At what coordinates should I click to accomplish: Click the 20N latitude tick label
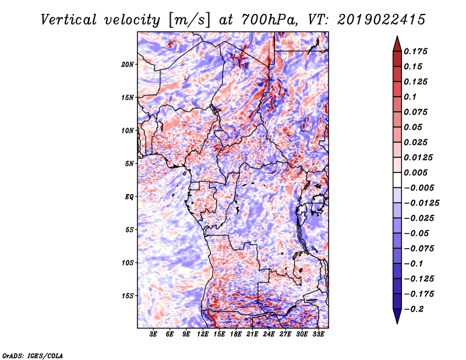click(x=128, y=64)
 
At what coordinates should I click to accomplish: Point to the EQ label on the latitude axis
click(x=129, y=196)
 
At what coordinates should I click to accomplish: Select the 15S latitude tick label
click(x=128, y=295)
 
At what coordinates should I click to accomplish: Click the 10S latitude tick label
click(x=128, y=262)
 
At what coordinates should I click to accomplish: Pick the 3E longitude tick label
click(x=154, y=335)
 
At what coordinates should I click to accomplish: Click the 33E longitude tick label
click(x=318, y=335)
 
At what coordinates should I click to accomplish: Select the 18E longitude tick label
click(x=236, y=335)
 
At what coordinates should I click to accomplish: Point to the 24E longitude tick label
click(x=269, y=335)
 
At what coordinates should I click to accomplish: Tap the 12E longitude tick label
click(x=203, y=335)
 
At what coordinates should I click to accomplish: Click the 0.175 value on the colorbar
click(x=417, y=51)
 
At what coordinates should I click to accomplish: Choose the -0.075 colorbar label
click(x=419, y=248)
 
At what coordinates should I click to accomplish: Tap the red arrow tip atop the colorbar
click(x=396, y=41)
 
